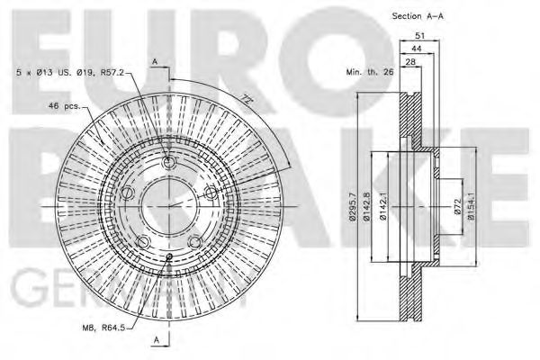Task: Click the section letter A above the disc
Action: [x=155, y=61]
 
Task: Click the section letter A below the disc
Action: [x=155, y=339]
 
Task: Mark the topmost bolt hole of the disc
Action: [x=170, y=163]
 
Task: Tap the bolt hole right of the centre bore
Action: [x=210, y=192]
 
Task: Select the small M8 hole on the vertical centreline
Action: [x=170, y=257]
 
